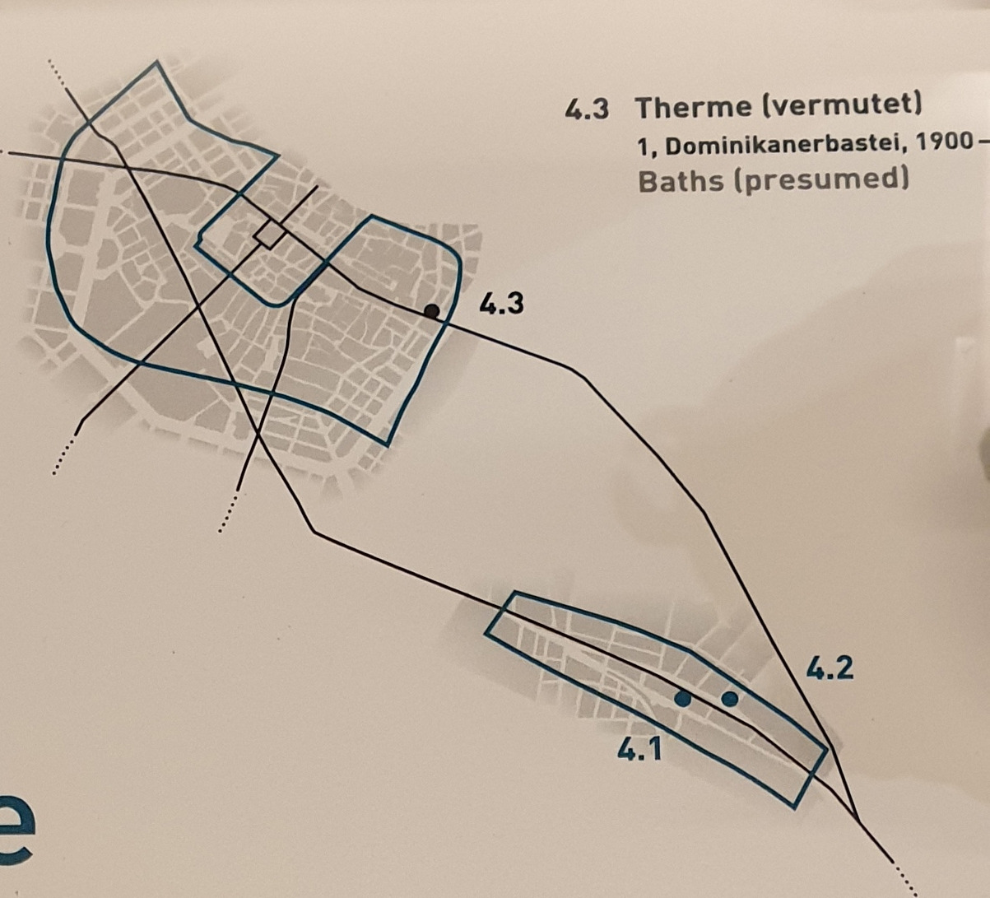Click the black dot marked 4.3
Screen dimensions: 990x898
click(x=432, y=311)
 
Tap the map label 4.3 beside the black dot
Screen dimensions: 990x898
click(x=501, y=303)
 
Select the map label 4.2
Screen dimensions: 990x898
click(x=829, y=670)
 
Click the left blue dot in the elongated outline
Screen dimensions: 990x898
click(x=682, y=699)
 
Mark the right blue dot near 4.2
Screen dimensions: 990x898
click(x=729, y=699)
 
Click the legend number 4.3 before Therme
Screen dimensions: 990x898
click(x=587, y=108)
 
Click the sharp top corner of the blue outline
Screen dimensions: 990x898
click(x=157, y=61)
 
